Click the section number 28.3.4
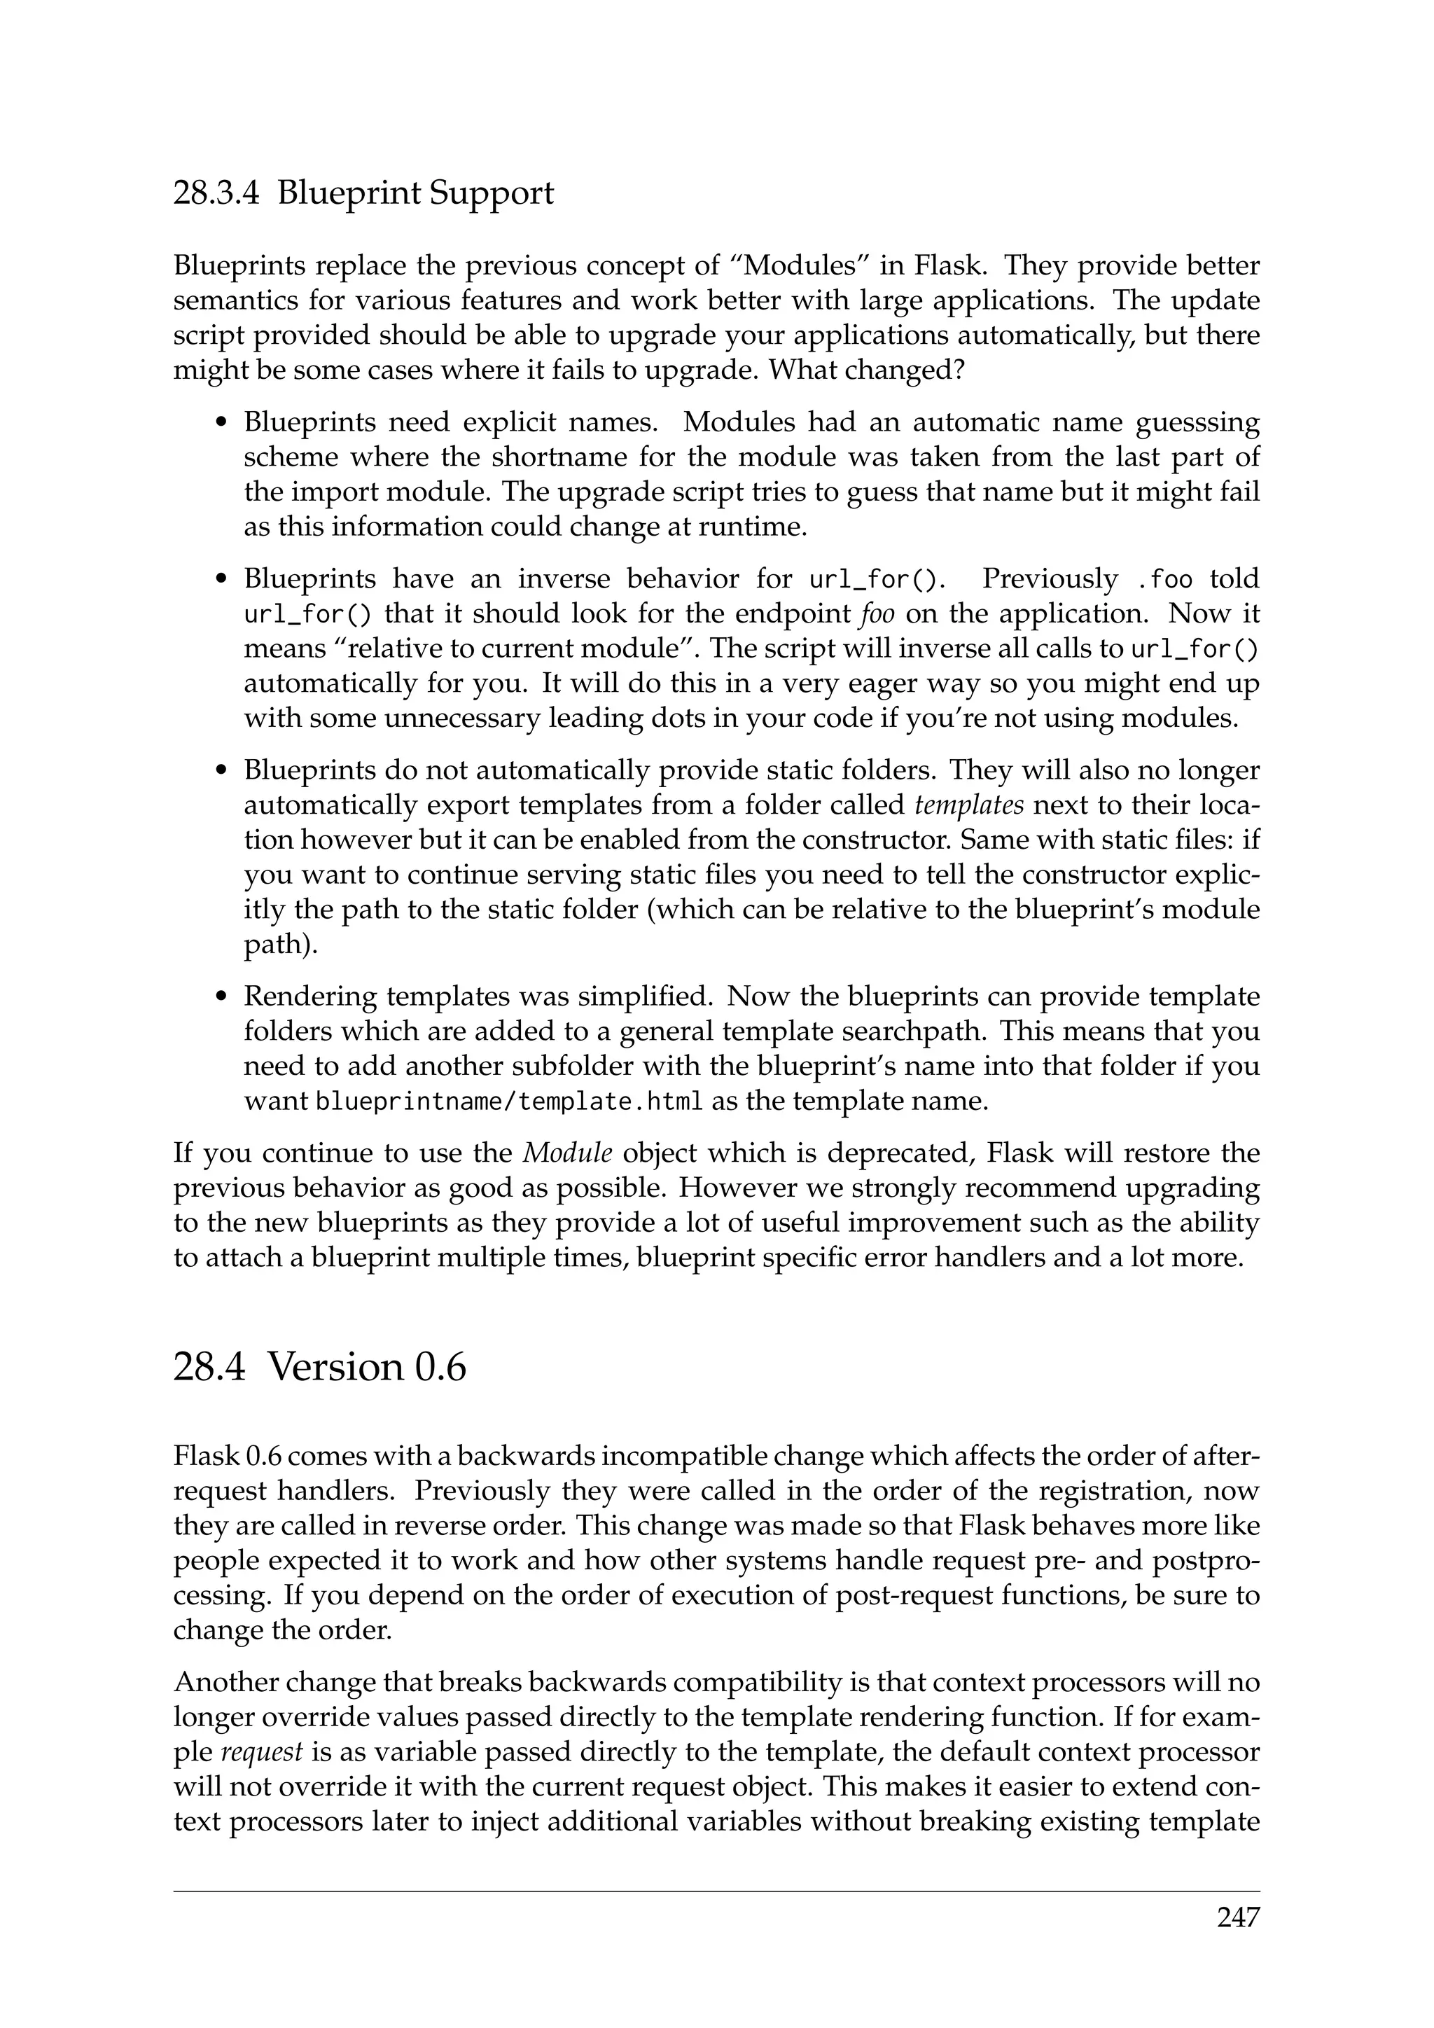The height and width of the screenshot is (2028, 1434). point(216,193)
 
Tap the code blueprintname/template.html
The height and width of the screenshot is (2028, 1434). point(510,1102)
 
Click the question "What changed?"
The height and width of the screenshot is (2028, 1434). point(866,370)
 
